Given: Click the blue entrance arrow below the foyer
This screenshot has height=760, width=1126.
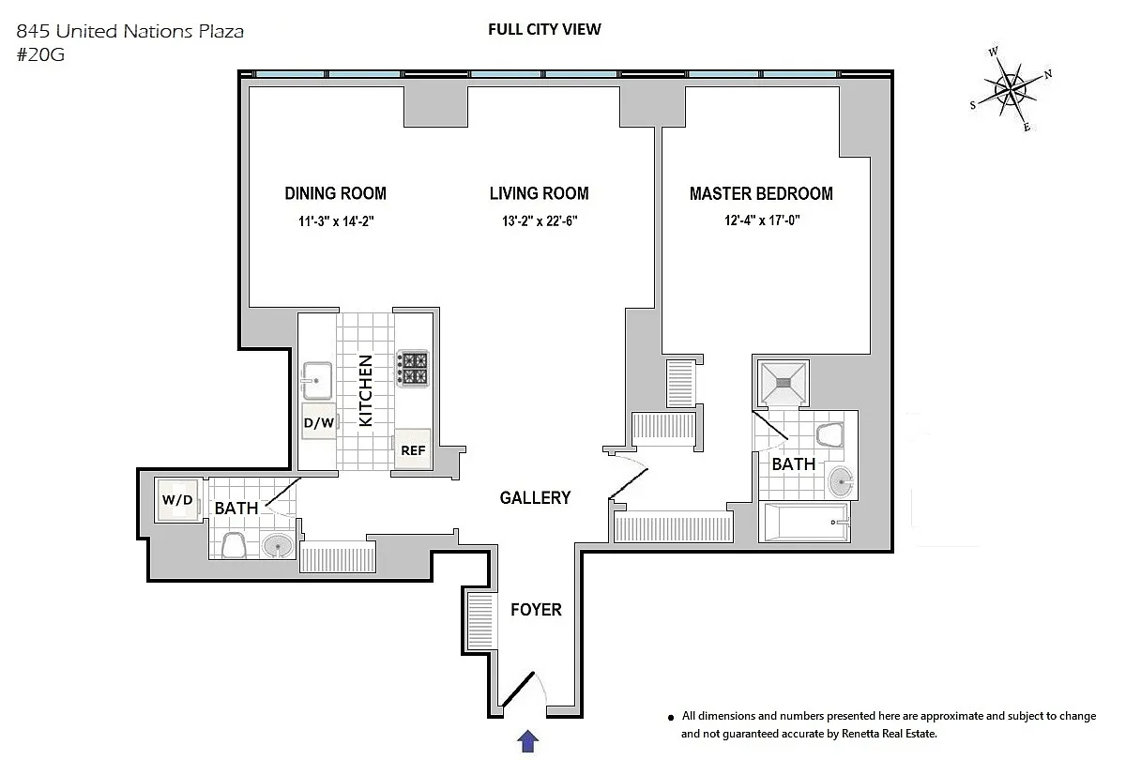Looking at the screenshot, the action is [x=527, y=741].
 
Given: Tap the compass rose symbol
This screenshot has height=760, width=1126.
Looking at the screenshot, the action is [x=1011, y=90].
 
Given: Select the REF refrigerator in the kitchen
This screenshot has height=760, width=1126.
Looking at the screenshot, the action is [x=413, y=449].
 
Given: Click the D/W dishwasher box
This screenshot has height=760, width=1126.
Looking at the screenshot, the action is [x=319, y=421].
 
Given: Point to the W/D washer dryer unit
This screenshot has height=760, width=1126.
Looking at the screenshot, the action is [x=177, y=499].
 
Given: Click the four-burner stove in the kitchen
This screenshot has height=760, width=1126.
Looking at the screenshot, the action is [x=413, y=369].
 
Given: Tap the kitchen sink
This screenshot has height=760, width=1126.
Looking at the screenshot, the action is [x=317, y=381].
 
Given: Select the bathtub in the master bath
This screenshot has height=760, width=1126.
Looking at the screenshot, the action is [x=805, y=522].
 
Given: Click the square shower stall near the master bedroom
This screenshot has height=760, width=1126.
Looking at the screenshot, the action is [x=784, y=383].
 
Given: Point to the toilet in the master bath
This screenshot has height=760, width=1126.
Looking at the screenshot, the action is [x=829, y=435].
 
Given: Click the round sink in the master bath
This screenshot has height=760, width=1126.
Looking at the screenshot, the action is [x=841, y=481].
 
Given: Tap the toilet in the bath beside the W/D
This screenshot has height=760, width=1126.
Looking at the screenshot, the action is [x=234, y=545].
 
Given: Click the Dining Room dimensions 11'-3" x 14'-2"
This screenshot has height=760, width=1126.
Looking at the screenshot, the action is [x=336, y=221].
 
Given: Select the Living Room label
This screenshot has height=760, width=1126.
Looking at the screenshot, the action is [x=540, y=193].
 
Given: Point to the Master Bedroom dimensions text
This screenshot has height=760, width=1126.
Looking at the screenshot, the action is [x=762, y=220].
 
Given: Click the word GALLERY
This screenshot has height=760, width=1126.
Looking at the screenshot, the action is [x=536, y=497].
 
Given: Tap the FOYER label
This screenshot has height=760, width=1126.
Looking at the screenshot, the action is [x=536, y=610].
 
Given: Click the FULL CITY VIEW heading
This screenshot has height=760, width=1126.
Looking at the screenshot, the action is [x=544, y=29].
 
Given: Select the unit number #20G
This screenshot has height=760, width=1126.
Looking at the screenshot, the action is [x=40, y=54].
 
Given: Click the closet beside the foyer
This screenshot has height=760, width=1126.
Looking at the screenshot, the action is [x=480, y=621].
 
